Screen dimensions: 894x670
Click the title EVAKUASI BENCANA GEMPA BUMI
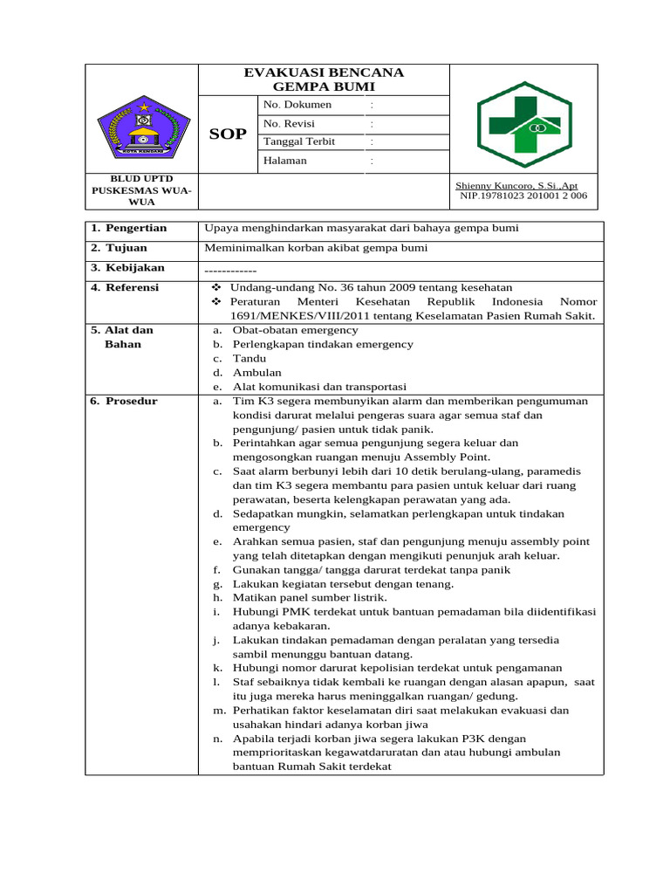(325, 79)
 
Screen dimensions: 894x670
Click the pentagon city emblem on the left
(142, 128)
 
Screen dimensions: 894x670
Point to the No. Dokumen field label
(297, 105)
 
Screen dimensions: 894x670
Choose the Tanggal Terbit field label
(299, 141)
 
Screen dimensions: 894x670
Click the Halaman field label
(284, 161)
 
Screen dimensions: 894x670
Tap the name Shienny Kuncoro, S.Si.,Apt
(516, 186)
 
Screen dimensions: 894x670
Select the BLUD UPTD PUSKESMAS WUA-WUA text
(142, 190)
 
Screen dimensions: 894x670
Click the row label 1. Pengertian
(129, 228)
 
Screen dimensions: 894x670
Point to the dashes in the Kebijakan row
(229, 269)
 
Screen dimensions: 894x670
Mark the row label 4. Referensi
(126, 287)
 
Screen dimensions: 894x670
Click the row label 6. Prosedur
(125, 402)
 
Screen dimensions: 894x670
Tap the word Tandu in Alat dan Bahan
(250, 359)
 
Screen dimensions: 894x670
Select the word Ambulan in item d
(257, 373)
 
